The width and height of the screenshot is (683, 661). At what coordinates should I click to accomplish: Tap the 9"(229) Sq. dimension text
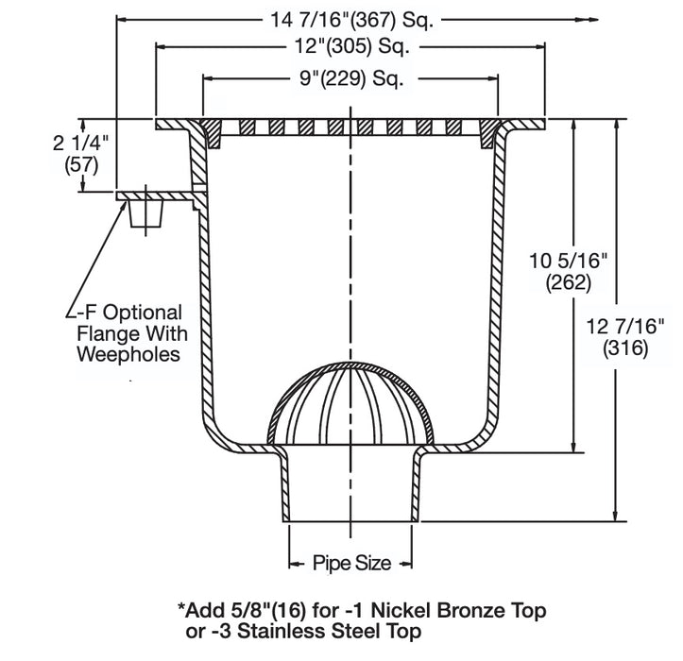pos(350,78)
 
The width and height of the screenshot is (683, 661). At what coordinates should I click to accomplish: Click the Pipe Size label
pos(350,564)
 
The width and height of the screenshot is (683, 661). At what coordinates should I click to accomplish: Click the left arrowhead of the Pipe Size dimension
pos(292,564)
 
